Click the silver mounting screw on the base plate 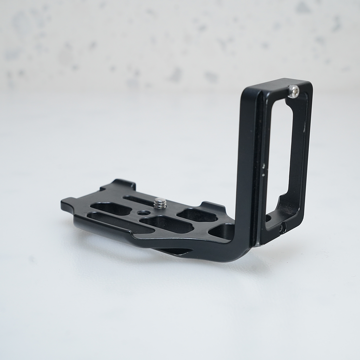160,203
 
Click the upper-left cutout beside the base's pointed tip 105,207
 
